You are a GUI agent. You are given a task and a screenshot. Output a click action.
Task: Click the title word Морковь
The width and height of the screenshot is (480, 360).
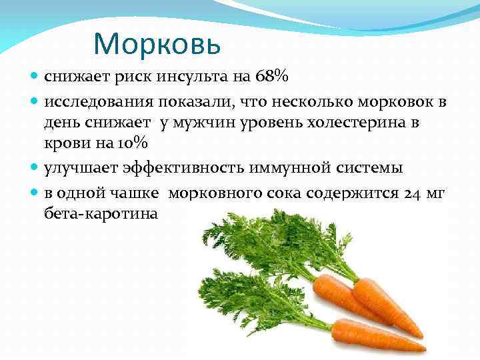point(157,43)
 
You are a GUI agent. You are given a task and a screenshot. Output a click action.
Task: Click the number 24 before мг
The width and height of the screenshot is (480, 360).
point(410,194)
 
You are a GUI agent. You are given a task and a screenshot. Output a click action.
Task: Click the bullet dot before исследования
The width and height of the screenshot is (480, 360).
point(35,103)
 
